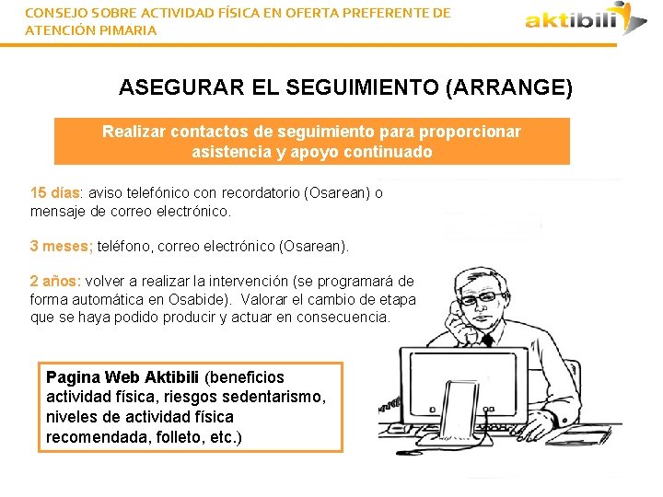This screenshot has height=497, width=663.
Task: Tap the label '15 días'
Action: pos(56,193)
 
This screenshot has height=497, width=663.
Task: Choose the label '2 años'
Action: pos(55,282)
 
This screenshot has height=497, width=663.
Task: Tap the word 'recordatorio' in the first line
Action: pos(264,193)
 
